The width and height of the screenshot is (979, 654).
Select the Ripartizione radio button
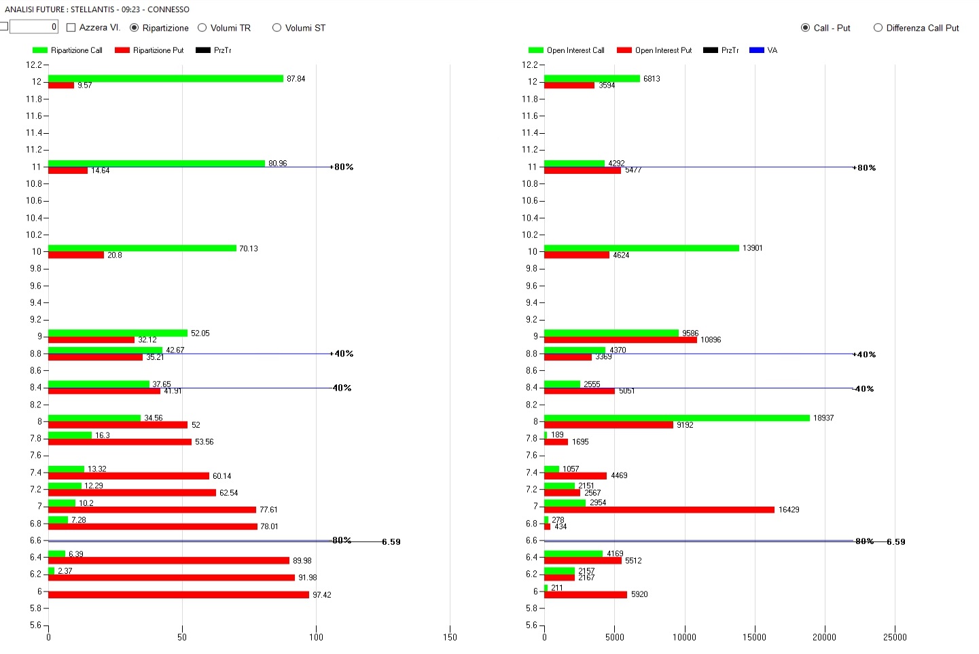(x=135, y=28)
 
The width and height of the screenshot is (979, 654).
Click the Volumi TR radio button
(x=202, y=28)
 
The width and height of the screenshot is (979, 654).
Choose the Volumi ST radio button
(x=277, y=28)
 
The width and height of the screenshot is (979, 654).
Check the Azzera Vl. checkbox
(x=71, y=28)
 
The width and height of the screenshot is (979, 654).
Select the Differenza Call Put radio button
(x=878, y=28)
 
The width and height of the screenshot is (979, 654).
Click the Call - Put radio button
(x=805, y=28)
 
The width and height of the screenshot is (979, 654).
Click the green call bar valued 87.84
(x=165, y=79)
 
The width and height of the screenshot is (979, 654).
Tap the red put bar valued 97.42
(x=178, y=595)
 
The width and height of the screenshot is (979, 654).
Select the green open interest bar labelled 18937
(x=677, y=418)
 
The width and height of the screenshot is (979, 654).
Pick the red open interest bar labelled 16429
(x=659, y=509)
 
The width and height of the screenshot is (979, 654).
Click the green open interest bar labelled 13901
(x=641, y=248)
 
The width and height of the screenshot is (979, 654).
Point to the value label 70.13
(x=248, y=249)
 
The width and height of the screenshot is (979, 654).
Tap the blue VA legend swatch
(x=756, y=50)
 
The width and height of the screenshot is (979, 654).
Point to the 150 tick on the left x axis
(x=450, y=637)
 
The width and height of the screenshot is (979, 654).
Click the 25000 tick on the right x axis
(x=894, y=637)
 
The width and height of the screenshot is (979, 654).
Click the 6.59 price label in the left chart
(x=391, y=542)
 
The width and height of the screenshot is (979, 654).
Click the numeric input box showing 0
(x=33, y=26)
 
